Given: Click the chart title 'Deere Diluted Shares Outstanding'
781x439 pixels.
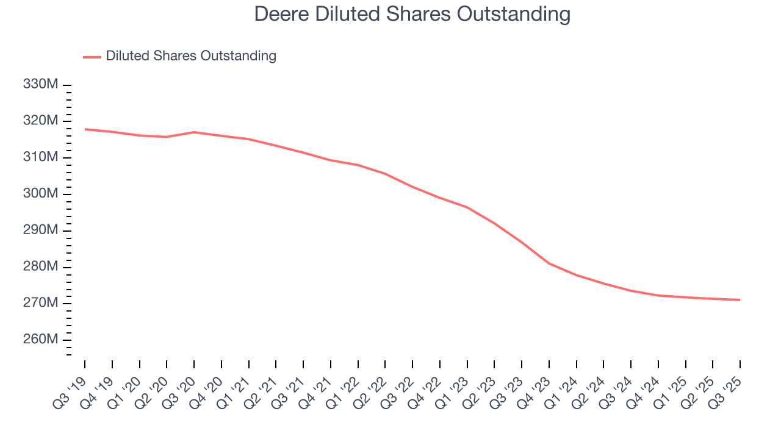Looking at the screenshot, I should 412,14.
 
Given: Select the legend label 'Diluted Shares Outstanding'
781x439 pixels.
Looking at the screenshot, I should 191,56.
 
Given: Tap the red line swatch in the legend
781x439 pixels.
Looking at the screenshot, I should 92,57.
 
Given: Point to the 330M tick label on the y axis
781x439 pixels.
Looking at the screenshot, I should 40,84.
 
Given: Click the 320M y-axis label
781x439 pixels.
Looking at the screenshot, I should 40,121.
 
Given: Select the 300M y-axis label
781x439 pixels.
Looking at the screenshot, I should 40,194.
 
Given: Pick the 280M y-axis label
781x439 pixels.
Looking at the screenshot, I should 40,266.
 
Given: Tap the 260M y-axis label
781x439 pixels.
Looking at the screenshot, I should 40,340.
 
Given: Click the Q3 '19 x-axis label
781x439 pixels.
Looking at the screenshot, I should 72,383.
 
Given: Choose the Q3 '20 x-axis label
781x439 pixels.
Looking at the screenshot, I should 181,383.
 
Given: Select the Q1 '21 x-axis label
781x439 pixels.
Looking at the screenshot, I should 236,383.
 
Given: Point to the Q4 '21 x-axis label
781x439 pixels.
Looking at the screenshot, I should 318,383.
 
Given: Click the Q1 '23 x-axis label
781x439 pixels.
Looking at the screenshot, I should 455,383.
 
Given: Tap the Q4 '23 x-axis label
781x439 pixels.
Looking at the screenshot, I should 537,383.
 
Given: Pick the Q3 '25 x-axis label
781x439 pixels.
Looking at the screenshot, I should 728,383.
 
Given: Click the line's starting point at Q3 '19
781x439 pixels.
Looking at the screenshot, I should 85,129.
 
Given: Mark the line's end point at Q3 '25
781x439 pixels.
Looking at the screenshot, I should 740,299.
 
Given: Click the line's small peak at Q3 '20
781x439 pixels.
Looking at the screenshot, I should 194,132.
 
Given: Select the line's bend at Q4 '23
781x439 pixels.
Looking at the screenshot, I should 549,263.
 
